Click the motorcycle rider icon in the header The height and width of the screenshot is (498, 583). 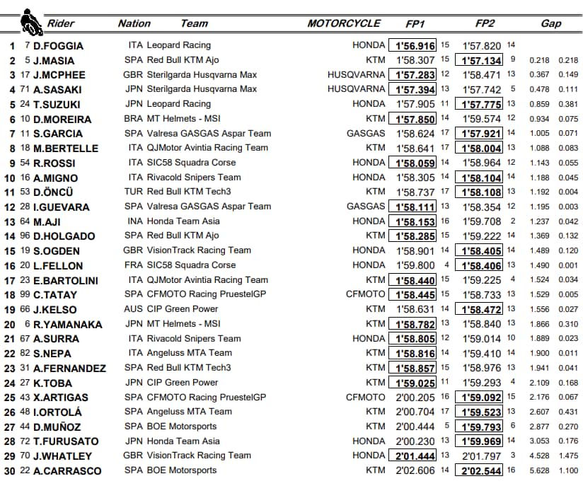click(x=30, y=21)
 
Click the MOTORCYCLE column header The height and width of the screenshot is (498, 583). click(x=344, y=23)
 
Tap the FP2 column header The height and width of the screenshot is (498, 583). click(x=485, y=23)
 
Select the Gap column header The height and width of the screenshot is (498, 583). click(x=550, y=23)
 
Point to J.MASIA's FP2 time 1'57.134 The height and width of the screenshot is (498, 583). click(x=481, y=61)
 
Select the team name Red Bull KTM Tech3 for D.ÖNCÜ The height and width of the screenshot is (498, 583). click(x=188, y=192)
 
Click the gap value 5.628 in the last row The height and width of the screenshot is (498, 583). click(x=538, y=470)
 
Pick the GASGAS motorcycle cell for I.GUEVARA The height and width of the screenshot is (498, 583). click(x=366, y=207)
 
